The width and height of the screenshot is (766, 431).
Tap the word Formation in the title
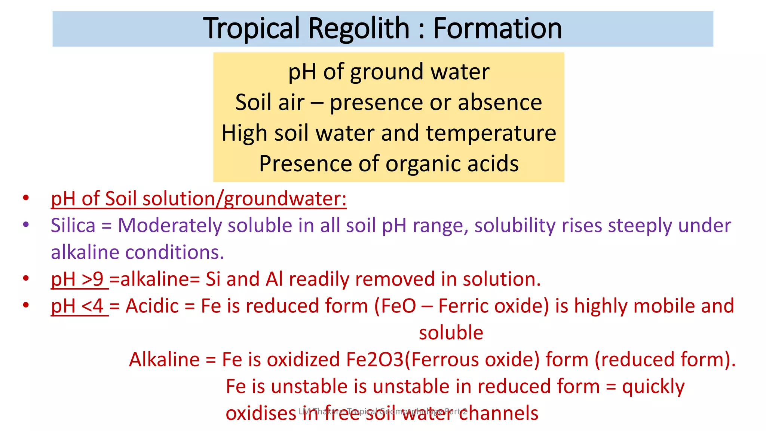tap(497, 28)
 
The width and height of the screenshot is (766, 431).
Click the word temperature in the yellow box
tap(491, 134)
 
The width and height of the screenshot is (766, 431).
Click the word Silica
tap(73, 226)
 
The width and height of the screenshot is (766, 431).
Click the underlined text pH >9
tap(77, 279)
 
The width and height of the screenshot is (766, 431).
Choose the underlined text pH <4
tap(77, 306)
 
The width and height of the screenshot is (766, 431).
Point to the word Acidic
tap(152, 306)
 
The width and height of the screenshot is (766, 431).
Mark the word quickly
tap(653, 386)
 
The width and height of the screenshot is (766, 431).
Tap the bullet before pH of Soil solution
tap(26, 198)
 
